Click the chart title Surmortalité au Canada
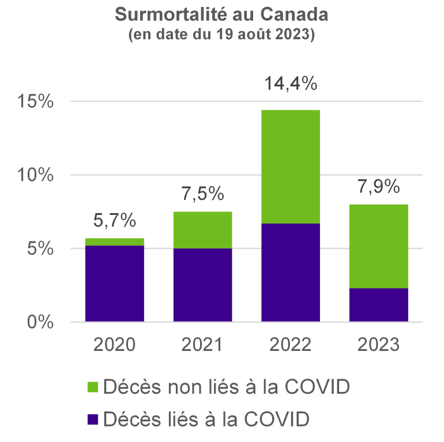(x=221, y=14)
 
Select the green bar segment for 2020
(x=115, y=241)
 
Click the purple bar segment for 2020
(x=115, y=283)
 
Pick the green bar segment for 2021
(x=202, y=230)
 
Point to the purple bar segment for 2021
(x=202, y=285)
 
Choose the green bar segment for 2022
(x=291, y=166)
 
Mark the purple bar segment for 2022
(x=291, y=272)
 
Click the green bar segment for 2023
(x=379, y=246)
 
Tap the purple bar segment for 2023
(x=379, y=304)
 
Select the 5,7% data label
(x=115, y=220)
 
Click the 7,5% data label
(x=202, y=194)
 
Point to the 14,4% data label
(x=291, y=84)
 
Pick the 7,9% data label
(x=379, y=187)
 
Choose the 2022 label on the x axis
(x=291, y=345)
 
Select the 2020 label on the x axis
(x=115, y=345)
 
